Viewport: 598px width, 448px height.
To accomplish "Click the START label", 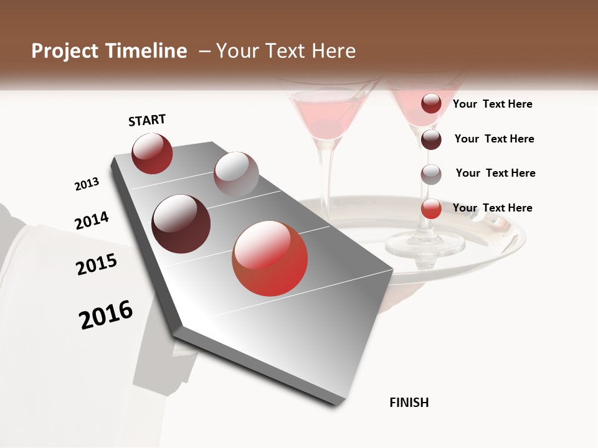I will [147, 120].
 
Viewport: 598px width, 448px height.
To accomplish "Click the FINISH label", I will [409, 403].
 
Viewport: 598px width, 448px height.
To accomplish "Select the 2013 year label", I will [87, 184].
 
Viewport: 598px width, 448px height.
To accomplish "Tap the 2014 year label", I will [92, 221].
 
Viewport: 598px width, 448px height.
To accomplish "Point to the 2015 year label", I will [97, 264].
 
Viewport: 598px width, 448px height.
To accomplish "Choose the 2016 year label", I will [106, 315].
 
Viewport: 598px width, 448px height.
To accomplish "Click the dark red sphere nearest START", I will [152, 154].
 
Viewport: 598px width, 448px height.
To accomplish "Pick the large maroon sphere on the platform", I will [181, 224].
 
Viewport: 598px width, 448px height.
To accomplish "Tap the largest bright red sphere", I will [270, 258].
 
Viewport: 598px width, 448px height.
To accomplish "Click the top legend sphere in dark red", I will [431, 103].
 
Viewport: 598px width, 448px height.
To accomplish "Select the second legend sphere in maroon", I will [431, 139].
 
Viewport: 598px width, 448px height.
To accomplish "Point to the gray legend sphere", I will [431, 174].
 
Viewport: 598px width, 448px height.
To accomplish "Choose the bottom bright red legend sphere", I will [431, 208].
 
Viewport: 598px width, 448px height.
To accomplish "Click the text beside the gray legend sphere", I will [495, 173].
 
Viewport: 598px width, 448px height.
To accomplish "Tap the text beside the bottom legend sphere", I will [492, 208].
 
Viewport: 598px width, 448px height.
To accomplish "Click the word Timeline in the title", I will [146, 51].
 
